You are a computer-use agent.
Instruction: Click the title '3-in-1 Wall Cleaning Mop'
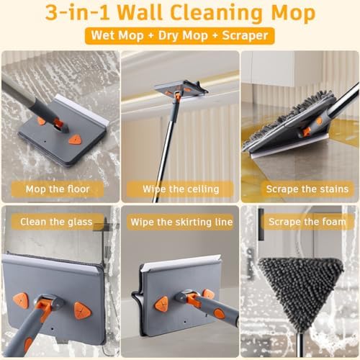180,14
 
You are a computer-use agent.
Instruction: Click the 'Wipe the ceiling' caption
180,189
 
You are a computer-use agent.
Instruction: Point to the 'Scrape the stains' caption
300,189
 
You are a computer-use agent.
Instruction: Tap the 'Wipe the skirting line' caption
180,222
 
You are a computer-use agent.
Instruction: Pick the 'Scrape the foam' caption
300,222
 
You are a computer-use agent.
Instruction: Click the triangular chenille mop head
300,288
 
